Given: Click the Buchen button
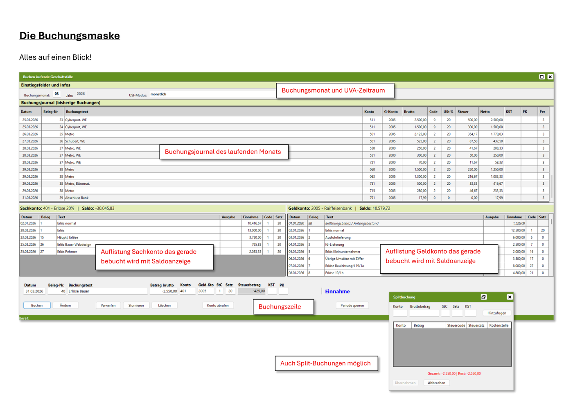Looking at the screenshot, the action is click(37, 305).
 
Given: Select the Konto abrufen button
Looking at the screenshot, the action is click(218, 305).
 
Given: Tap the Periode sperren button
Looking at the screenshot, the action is click(352, 305).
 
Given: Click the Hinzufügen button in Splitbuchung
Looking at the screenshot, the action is click(496, 313).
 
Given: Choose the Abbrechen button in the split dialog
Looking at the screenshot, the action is click(436, 383).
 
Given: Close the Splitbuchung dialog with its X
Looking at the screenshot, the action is click(509, 297).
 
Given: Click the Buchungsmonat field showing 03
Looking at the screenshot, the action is click(56, 94).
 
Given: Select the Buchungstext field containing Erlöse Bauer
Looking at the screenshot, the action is click(107, 291).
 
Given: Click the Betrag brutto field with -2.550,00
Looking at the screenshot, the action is click(164, 291).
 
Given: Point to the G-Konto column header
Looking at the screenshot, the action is click(390, 111).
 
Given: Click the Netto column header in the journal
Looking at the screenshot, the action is click(485, 111).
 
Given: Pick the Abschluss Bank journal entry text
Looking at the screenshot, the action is click(77, 197).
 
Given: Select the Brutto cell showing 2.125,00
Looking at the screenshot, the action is click(420, 134).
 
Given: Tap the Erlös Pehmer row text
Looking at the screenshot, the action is click(67, 252).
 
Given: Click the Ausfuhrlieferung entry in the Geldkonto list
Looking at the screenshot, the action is click(338, 237).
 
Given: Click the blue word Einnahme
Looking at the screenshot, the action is click(337, 291).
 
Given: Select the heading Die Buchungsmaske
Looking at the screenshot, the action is click(70, 36).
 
